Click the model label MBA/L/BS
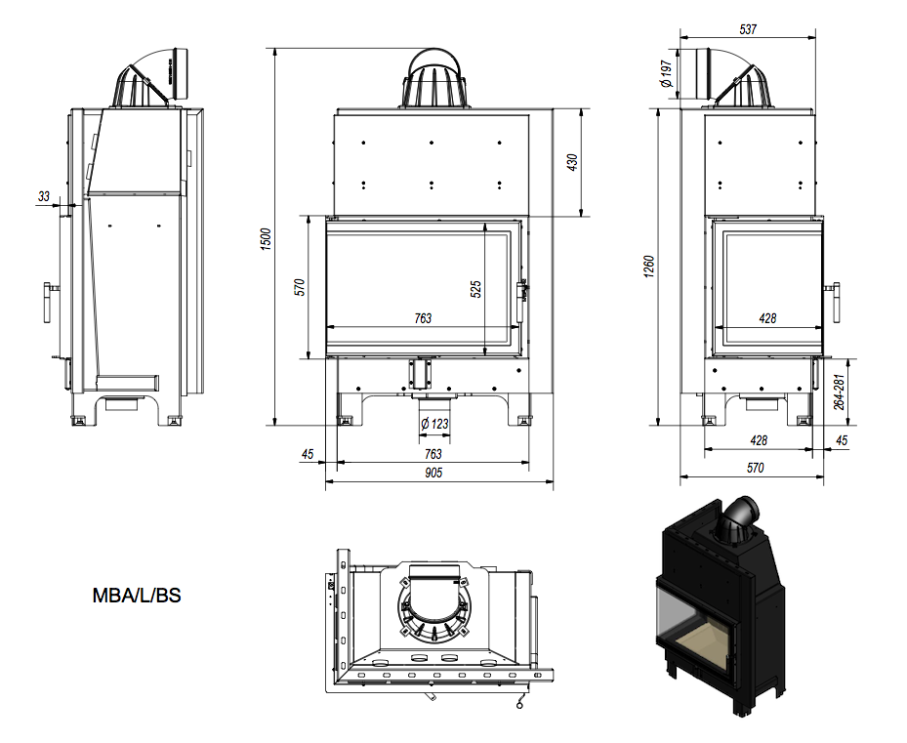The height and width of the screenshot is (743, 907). click(x=136, y=594)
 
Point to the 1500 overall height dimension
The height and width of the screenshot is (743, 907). click(x=265, y=237)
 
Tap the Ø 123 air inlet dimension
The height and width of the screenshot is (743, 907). click(x=433, y=426)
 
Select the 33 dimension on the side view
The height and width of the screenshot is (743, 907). click(x=44, y=196)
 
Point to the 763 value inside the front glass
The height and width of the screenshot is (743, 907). click(x=423, y=318)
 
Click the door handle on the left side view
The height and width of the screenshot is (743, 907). click(x=48, y=303)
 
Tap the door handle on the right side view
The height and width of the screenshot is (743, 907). click(x=835, y=302)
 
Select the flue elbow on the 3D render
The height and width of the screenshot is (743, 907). click(x=739, y=516)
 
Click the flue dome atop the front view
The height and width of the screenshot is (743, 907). click(x=433, y=78)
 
